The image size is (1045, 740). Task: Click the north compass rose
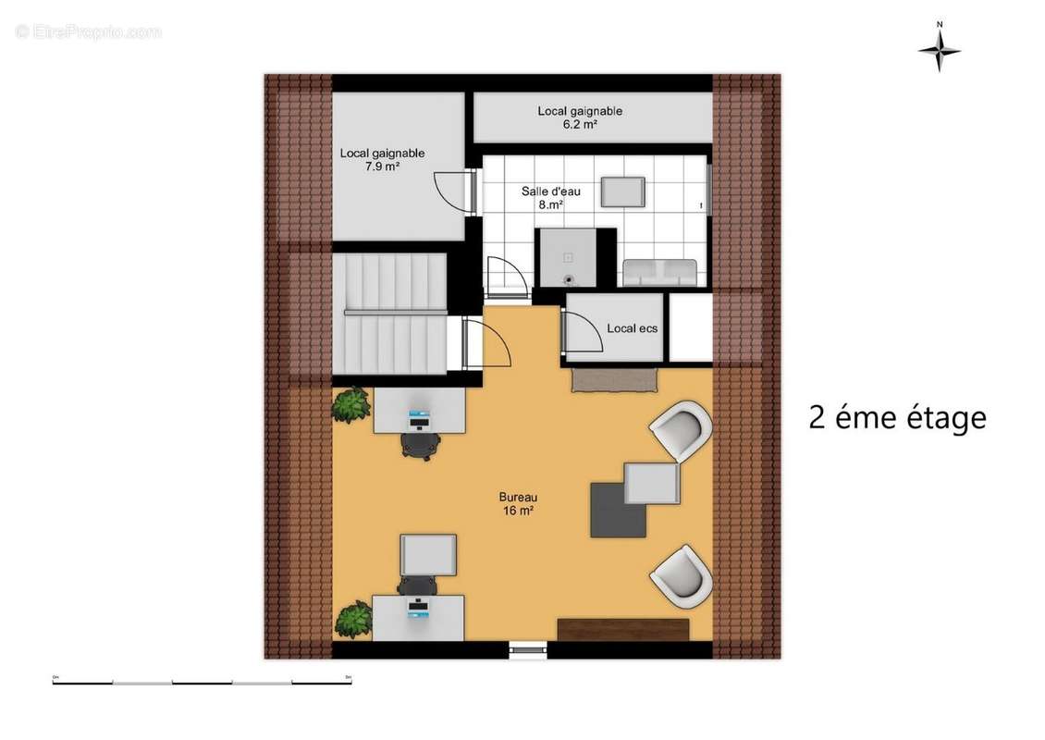click(939, 49)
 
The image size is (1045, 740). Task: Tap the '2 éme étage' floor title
click(897, 418)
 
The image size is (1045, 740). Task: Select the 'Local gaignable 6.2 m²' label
click(580, 117)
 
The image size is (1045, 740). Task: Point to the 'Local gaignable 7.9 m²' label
click(382, 160)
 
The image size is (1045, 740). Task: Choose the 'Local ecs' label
click(632, 328)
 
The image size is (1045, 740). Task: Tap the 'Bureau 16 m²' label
click(518, 503)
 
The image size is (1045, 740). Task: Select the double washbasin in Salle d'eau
click(659, 272)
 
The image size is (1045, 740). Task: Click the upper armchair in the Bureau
click(682, 430)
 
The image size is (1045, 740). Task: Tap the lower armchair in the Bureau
click(682, 575)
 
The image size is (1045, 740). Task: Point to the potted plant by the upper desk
click(351, 405)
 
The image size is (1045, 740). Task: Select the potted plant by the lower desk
click(353, 619)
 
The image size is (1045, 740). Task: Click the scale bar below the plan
click(202, 683)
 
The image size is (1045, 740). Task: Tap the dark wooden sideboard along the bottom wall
click(623, 630)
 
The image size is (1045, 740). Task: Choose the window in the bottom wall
click(528, 650)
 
